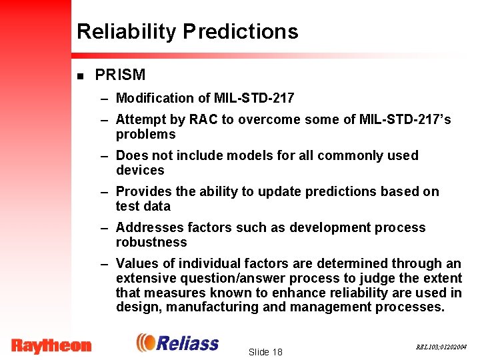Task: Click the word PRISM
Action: pos(120,75)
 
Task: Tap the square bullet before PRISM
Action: pos(81,76)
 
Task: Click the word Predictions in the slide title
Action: pos(241,32)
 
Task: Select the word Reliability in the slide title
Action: pos(127,32)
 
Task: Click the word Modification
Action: pos(154,98)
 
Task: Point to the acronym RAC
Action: pos(203,119)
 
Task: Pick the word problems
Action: pos(145,135)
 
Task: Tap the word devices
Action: pos(139,170)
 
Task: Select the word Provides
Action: pos(143,191)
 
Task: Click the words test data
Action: pos(143,206)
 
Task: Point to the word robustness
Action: pos(151,242)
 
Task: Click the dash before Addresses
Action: pos(105,228)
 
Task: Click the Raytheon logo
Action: pos(51,345)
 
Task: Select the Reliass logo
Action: pos(177,343)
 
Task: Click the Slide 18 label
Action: pos(265,352)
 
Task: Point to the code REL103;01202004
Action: pos(441,347)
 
